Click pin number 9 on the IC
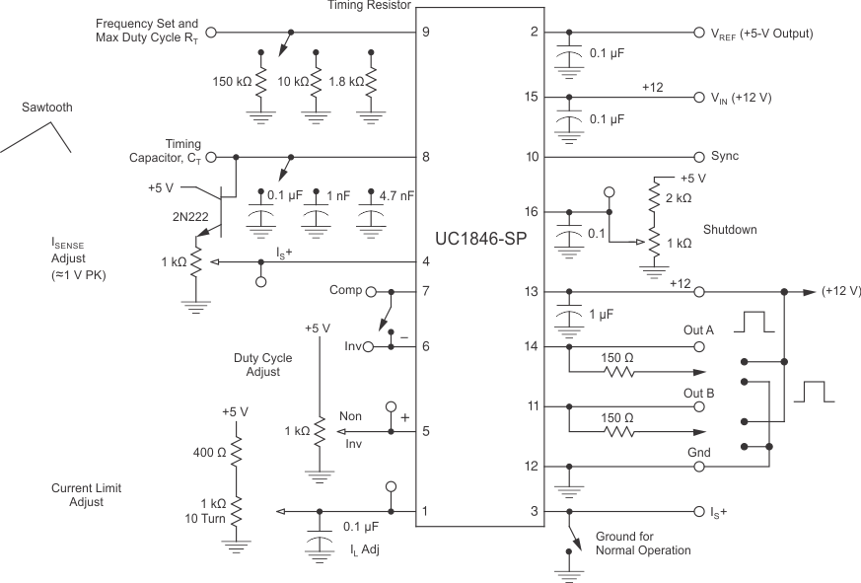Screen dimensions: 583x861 pos(425,32)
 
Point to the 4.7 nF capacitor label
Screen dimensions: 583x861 pos(395,195)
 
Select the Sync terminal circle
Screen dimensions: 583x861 pos(700,156)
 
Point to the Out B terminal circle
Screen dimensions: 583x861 pos(700,405)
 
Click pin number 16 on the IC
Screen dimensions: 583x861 pos(534,212)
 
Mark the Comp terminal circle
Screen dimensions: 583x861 pos(371,292)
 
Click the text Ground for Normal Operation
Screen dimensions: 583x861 pos(642,543)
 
